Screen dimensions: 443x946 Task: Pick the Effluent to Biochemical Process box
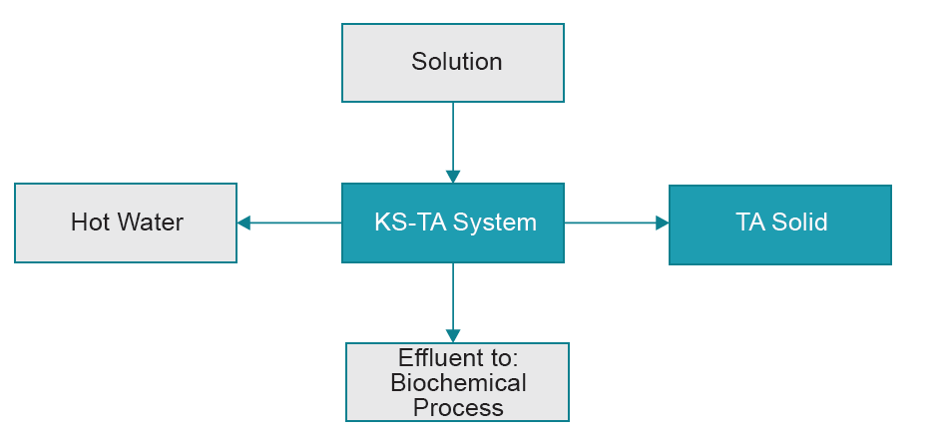click(457, 382)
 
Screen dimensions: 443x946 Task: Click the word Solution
click(456, 62)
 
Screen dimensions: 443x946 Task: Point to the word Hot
click(89, 222)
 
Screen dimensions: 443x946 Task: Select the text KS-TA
click(409, 222)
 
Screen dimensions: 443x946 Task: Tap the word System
click(495, 222)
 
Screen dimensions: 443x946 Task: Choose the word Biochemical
click(458, 383)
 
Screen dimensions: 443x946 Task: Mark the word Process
click(458, 407)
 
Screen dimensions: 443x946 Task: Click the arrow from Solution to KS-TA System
click(453, 140)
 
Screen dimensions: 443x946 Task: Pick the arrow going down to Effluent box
click(453, 299)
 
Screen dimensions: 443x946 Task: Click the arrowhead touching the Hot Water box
click(244, 223)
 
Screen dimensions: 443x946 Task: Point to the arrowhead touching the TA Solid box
click(662, 223)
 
